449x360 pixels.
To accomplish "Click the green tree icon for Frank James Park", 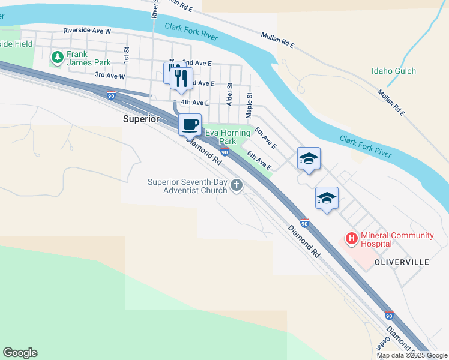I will click(x=58, y=58).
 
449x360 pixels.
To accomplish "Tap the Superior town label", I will click(x=141, y=119).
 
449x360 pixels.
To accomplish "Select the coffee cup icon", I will click(x=190, y=124).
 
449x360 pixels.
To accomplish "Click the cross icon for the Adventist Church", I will click(x=237, y=187).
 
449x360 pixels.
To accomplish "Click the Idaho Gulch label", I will click(x=393, y=71).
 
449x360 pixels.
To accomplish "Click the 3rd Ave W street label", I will click(x=110, y=76).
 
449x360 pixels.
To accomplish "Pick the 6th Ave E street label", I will click(x=259, y=161).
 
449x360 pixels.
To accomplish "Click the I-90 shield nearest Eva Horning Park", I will click(x=224, y=152).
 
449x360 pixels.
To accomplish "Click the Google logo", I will click(x=20, y=353).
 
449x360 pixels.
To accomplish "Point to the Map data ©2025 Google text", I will click(x=412, y=355).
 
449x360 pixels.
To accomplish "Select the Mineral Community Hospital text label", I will click(x=397, y=239).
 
